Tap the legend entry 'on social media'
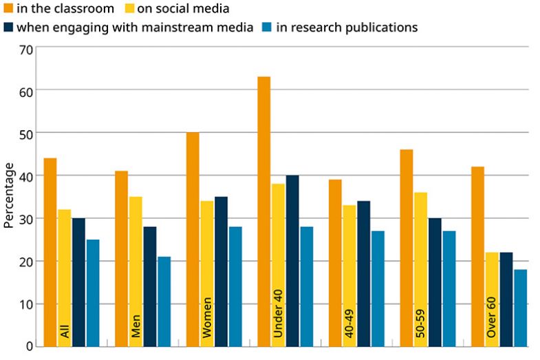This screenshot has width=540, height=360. coord(179,9)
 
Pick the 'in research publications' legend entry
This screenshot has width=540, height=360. coord(340,28)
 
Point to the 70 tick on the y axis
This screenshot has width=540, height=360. coord(26,48)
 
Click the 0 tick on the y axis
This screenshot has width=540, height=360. coord(29,346)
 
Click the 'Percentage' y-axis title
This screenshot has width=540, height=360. coord(9,195)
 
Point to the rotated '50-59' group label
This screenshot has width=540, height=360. coord(421,321)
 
